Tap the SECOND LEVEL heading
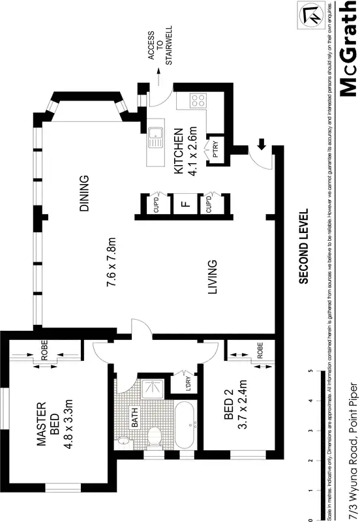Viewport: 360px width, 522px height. coord(303,247)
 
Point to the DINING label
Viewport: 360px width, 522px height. coord(84,194)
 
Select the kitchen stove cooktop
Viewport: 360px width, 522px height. coord(198,101)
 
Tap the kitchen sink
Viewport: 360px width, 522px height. coord(155,136)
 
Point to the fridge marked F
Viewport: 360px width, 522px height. coord(185,204)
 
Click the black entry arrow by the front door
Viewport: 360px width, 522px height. coord(262,144)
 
